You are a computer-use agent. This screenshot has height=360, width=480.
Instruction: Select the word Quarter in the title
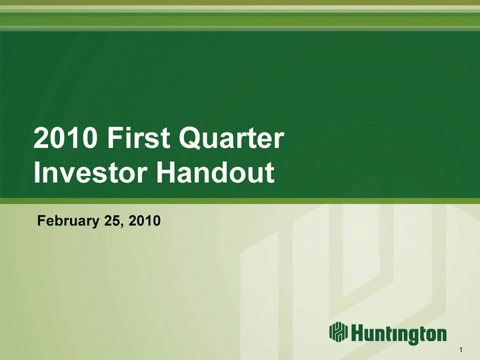231,138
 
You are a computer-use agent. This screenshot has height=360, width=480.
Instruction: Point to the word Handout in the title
215,172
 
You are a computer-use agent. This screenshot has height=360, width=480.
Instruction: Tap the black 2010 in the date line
145,221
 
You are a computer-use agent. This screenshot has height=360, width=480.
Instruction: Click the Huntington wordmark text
399,334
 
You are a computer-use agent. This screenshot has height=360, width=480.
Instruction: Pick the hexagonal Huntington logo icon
338,331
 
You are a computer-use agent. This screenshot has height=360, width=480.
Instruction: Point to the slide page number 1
461,349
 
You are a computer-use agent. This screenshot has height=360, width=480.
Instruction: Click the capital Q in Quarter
190,138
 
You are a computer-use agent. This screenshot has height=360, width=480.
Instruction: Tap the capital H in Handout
167,172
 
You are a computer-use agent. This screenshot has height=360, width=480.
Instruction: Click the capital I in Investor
37,172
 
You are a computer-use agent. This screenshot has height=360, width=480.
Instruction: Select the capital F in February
41,221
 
